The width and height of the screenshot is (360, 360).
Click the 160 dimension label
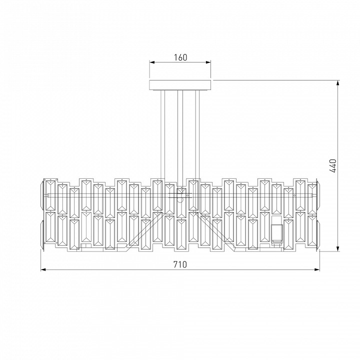pos(180,57)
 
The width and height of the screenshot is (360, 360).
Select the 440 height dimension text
pos(332,165)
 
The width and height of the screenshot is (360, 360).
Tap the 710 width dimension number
pos(180,264)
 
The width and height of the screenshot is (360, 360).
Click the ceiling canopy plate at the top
pos(180,85)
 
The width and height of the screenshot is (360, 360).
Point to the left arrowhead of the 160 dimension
pos(152,62)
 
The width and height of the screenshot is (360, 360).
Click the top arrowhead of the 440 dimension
pos(337,83)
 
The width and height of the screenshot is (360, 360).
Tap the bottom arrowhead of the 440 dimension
pos(337,248)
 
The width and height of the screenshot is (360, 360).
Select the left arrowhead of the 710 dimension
pos(43,269)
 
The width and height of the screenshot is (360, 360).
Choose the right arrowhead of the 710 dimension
pos(317,269)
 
